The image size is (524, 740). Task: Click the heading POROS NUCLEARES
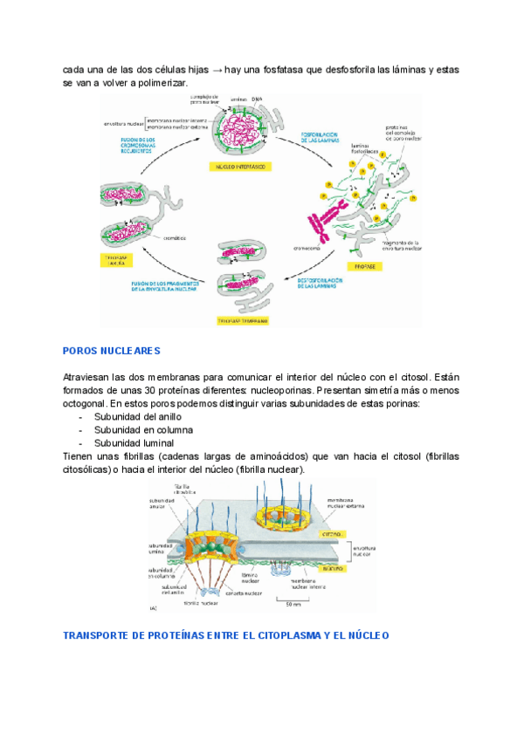click(x=112, y=351)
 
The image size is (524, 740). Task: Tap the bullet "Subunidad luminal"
click(x=135, y=443)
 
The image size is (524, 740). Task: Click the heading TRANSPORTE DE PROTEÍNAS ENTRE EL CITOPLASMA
click(x=226, y=635)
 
